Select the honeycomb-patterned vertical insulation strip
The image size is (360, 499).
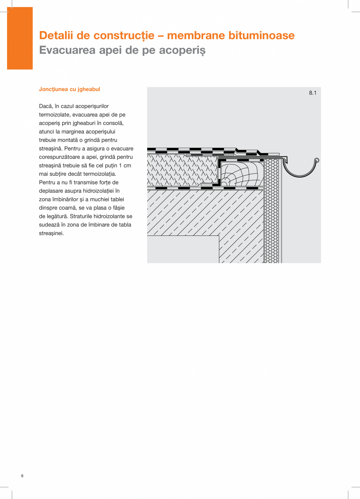coord(273,211)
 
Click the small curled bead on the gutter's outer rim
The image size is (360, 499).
coord(317,160)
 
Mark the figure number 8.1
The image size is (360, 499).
coord(312,93)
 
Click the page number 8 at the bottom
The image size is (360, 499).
coord(22,476)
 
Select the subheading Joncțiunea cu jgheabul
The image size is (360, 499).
coord(70,89)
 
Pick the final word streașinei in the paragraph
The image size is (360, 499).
coord(51,233)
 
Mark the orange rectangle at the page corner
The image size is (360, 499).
coord(20,38)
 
